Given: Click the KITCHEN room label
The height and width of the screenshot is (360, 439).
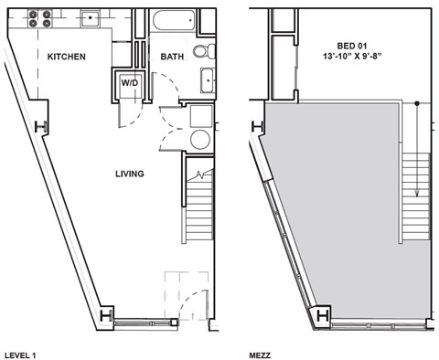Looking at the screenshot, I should coord(67,57).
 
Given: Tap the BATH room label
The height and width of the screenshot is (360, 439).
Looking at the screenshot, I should coord(172,57).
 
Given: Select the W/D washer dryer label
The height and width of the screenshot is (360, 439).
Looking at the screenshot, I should coord(131,82).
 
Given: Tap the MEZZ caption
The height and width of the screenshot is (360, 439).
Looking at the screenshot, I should coord(260,353).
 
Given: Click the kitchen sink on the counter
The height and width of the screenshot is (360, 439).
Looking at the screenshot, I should coord(91,16).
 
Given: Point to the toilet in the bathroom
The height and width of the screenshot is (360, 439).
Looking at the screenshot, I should coord(208,50).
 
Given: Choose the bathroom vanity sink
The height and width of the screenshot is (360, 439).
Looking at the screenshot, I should coord(208,81).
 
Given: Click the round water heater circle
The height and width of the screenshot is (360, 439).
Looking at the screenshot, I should coord(199,139).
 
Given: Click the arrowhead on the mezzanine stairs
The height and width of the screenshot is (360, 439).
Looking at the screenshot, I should coord(416,193).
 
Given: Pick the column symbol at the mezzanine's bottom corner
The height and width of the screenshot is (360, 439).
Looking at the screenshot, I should coord(323,316).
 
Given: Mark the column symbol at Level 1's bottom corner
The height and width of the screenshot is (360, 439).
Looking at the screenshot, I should coord(107,316).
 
